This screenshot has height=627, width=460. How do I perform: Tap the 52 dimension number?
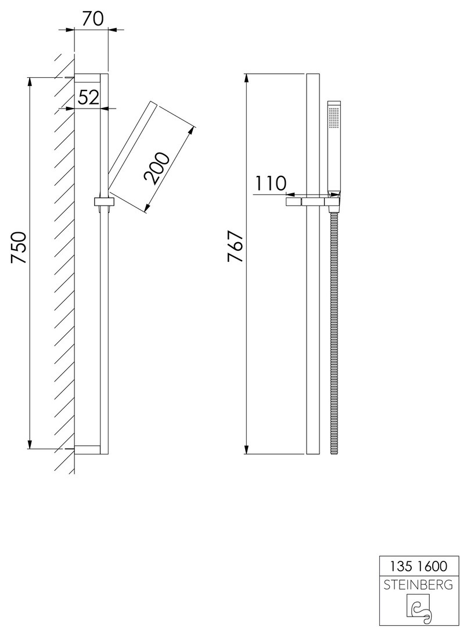(88, 97)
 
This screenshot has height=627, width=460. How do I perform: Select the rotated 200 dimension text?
(157, 168)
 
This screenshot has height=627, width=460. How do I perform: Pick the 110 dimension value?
(271, 183)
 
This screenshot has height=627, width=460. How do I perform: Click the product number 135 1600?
(418, 566)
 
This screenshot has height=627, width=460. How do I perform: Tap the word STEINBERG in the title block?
(418, 585)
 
